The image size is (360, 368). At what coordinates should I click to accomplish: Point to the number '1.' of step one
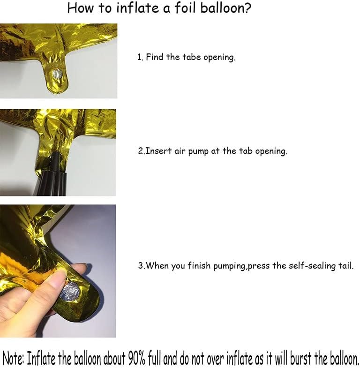pyautogui.click(x=140, y=57)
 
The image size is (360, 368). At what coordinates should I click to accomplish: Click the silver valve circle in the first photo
pyautogui.click(x=57, y=74)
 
